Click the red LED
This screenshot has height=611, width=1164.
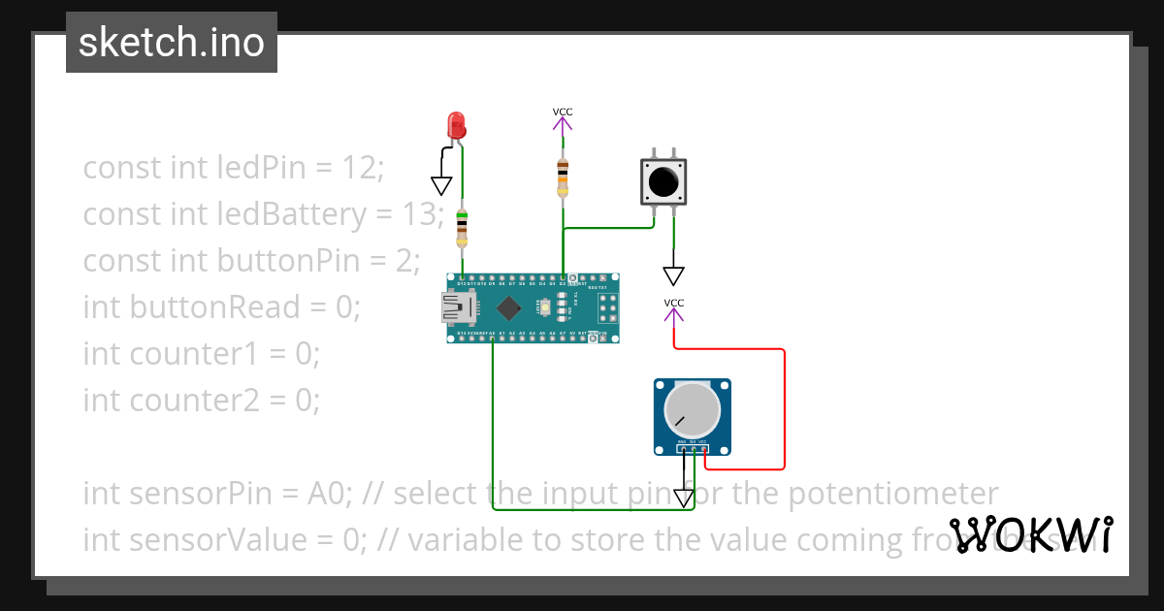(456, 126)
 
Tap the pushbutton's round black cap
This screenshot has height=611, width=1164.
(663, 181)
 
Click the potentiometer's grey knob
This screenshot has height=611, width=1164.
(693, 410)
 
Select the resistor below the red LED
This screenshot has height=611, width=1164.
(462, 229)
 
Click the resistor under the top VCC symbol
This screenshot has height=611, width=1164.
(563, 178)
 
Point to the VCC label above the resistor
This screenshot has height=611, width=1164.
(563, 112)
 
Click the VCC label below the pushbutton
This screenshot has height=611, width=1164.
(674, 304)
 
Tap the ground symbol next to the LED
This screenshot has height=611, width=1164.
(442, 185)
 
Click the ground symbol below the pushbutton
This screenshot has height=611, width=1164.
(674, 275)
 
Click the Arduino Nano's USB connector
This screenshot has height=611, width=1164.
(459, 308)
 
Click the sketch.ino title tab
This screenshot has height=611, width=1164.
(172, 43)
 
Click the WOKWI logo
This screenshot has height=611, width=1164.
(1030, 535)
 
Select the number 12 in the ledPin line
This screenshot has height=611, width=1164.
(359, 167)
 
